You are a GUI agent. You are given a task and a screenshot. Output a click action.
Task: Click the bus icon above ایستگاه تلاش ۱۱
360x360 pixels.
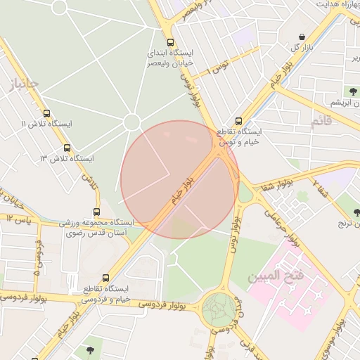46,112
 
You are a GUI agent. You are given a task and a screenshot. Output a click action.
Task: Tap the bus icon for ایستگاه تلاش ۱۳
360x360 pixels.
67,148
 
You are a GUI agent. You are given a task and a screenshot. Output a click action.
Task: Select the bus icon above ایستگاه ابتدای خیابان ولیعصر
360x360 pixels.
169,41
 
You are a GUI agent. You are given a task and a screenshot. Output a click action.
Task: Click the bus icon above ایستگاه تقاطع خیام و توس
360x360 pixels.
238,121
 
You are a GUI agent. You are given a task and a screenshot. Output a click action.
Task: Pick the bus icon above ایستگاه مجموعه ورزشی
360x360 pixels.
96,211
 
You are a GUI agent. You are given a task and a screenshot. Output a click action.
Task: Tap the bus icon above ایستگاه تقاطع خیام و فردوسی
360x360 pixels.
105,278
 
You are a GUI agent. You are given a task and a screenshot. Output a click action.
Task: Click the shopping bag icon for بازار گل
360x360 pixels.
302,37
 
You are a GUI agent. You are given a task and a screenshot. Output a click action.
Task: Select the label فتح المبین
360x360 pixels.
275,274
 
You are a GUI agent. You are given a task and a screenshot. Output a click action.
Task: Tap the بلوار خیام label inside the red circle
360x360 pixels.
181,191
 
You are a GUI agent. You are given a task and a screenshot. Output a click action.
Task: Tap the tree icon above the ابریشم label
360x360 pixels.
349,91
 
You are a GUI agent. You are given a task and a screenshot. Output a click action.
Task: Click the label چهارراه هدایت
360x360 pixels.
337,4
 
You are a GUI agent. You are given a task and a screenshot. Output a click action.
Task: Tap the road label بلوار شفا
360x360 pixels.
276,185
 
